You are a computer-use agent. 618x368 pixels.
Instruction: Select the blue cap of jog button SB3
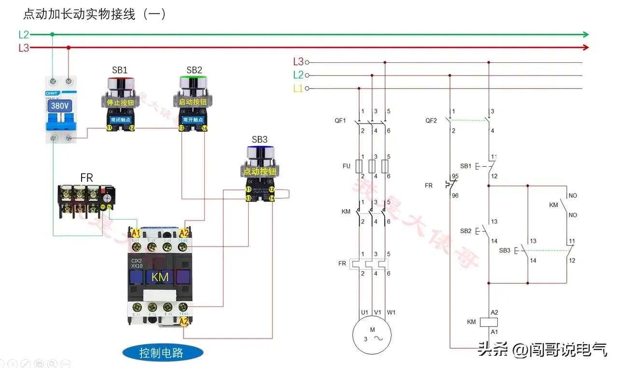point(260,151)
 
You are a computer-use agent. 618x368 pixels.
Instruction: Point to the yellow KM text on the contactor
point(160,277)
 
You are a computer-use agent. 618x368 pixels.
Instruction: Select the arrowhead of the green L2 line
point(585,34)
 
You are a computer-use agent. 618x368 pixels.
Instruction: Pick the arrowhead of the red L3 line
point(585,47)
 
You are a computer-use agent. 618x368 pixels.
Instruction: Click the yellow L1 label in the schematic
point(298,88)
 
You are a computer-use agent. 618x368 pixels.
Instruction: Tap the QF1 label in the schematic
point(340,120)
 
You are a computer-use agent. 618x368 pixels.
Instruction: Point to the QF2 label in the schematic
point(431,120)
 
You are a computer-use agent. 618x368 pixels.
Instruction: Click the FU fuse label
point(346,166)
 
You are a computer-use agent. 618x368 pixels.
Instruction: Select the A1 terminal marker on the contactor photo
point(136,233)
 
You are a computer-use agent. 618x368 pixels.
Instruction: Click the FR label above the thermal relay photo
point(86,178)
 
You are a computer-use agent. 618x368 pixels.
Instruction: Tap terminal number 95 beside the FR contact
point(455,177)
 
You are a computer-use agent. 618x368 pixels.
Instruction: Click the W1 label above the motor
point(391,312)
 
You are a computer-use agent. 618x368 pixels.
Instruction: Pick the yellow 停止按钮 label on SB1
point(119,102)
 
